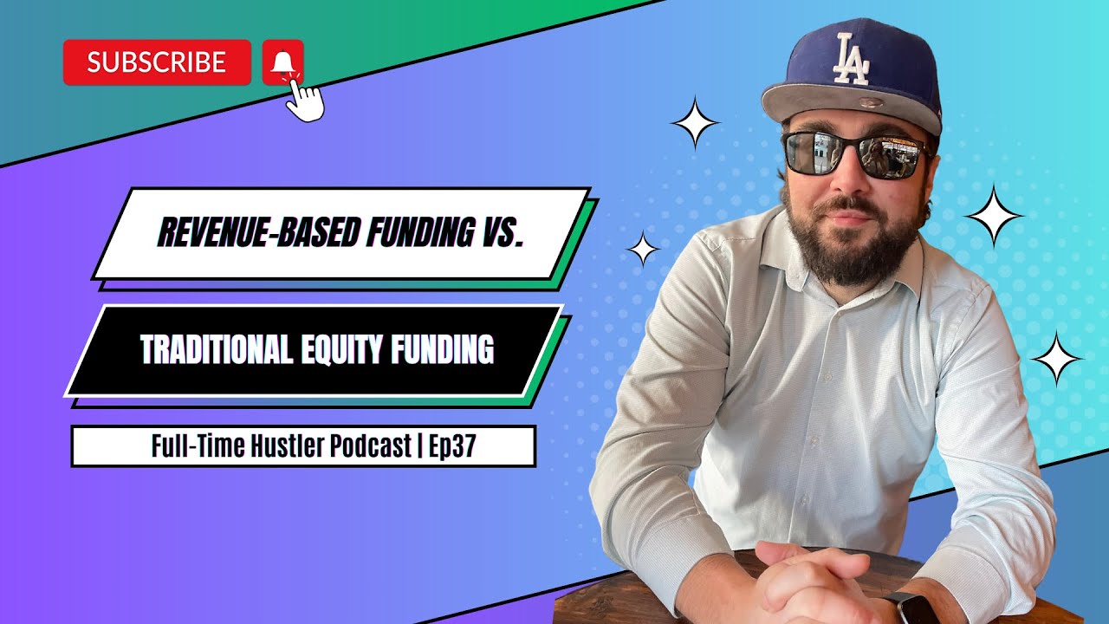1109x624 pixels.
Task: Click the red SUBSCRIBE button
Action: [x=157, y=62]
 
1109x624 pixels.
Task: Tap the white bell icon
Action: [x=282, y=62]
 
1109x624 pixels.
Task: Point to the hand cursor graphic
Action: [x=304, y=100]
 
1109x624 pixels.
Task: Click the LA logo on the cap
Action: [x=850, y=60]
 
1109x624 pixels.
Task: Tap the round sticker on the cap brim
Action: [x=853, y=105]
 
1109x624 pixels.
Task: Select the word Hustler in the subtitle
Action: [x=285, y=446]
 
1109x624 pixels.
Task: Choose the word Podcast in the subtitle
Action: [x=369, y=446]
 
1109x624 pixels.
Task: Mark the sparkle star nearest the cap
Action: [x=695, y=124]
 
